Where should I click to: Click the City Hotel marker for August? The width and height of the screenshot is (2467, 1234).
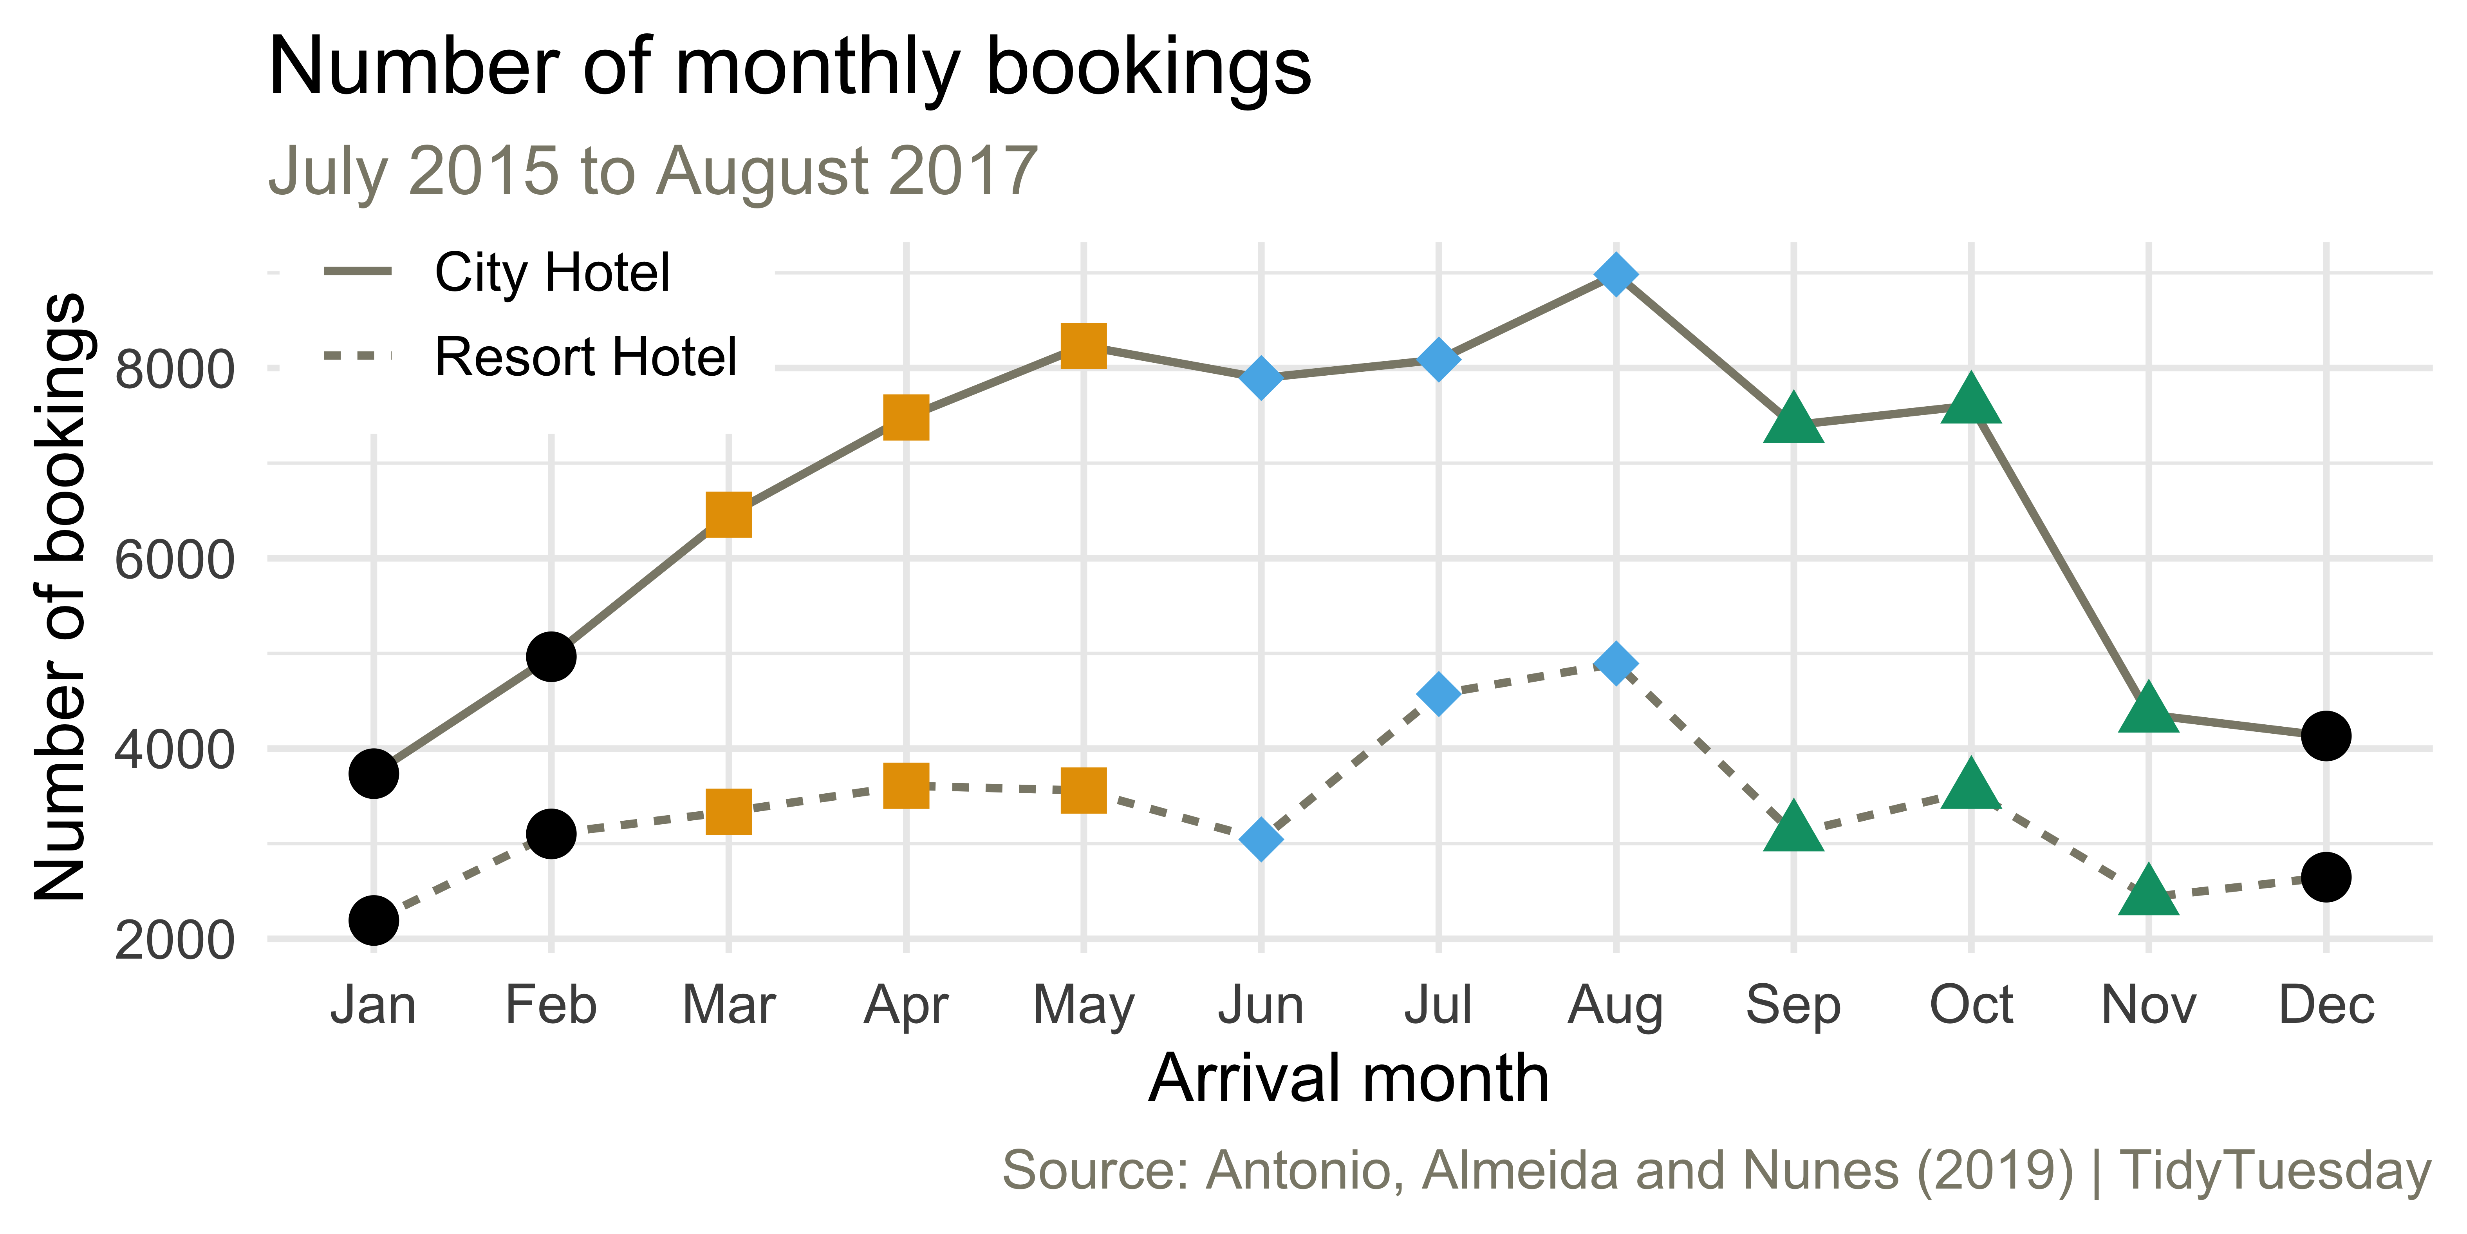click(x=1616, y=275)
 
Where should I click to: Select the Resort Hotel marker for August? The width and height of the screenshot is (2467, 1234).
click(x=1616, y=663)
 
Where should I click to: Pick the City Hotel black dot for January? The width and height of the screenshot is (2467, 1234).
click(x=374, y=773)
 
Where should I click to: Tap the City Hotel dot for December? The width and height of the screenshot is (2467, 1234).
click(x=2325, y=736)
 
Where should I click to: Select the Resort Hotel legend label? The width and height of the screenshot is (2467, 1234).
click(x=585, y=357)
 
